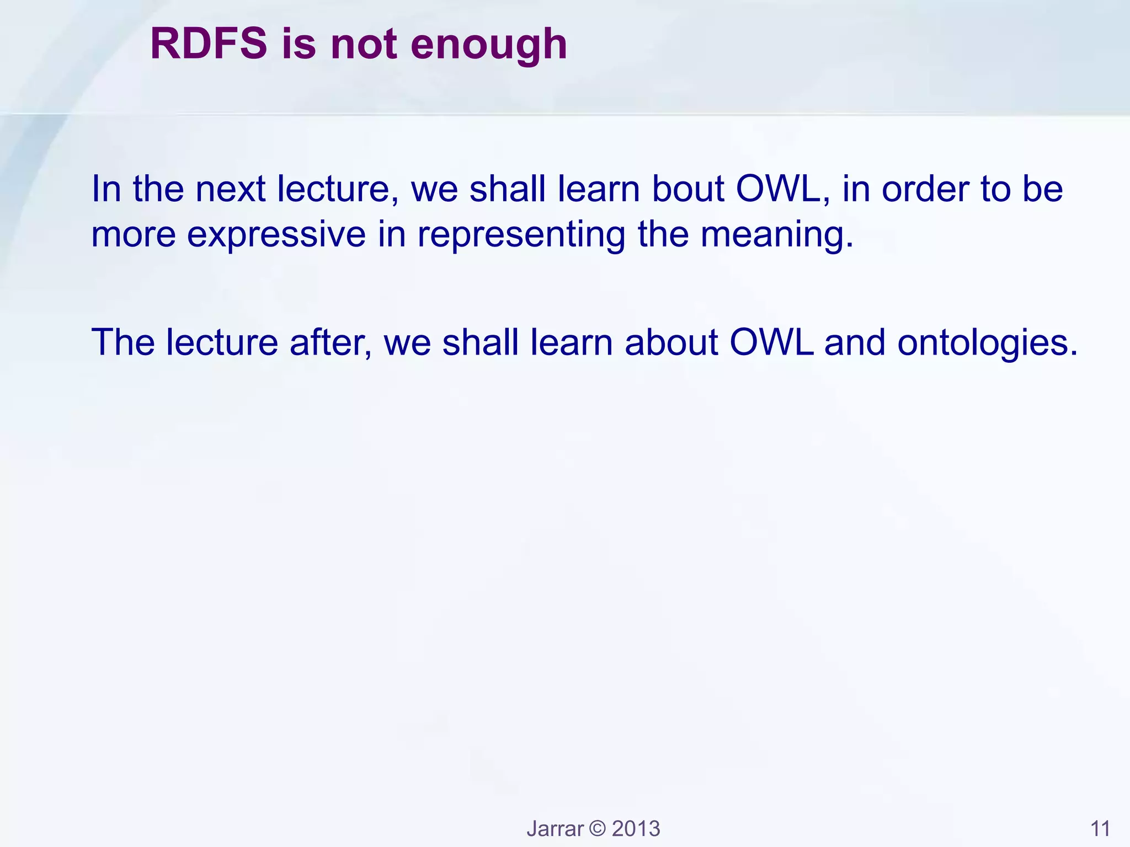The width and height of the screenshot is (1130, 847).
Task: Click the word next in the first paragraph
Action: pyautogui.click(x=231, y=189)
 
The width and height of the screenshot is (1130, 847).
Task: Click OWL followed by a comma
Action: pyautogui.click(x=782, y=189)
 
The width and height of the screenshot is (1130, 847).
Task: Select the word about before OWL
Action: pyautogui.click(x=671, y=342)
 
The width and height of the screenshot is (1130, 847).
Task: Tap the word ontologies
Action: pyautogui.click(x=987, y=342)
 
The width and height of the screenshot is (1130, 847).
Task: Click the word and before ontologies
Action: pyautogui.click(x=855, y=342)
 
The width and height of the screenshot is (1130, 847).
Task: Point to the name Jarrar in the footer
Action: pyautogui.click(x=555, y=829)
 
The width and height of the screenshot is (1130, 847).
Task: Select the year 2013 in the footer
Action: pyautogui.click(x=636, y=829)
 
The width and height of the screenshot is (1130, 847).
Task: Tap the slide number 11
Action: pyautogui.click(x=1100, y=829)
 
